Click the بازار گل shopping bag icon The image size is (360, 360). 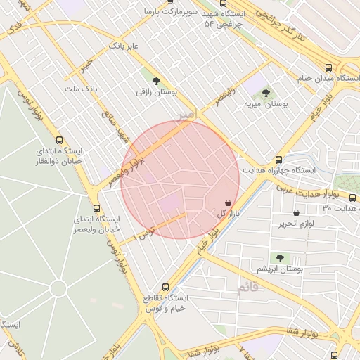coord(227,202)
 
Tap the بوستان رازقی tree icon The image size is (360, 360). coord(155,81)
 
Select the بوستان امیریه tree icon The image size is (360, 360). coord(266,92)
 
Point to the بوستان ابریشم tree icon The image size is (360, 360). coord(280,258)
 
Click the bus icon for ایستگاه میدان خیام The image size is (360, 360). coord(328,67)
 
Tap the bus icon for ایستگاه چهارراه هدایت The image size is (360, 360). coord(279,160)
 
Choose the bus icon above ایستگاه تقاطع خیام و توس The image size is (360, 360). coord(165,287)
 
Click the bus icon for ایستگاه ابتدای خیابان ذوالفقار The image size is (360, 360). coord(59,140)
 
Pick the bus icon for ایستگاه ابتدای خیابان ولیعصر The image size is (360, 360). coord(96,208)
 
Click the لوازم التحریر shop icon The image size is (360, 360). coord(296,212)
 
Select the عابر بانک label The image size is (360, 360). coord(123,46)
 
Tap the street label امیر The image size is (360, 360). coord(185,115)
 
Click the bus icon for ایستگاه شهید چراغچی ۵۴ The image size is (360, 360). coord(223,3)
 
